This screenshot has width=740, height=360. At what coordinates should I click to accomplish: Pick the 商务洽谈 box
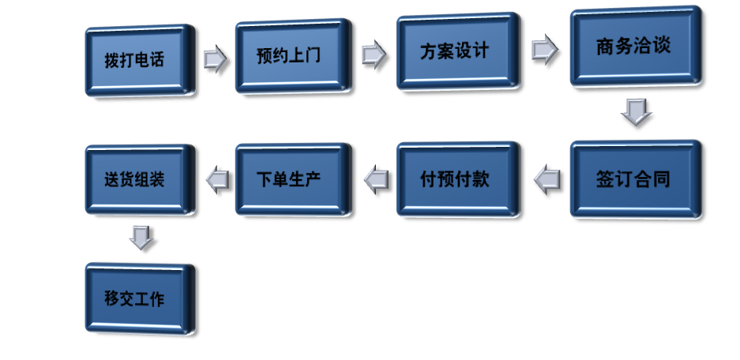(x=634, y=47)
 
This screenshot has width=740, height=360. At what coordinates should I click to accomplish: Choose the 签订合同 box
(x=634, y=178)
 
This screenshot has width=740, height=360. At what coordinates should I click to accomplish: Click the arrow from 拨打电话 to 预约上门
(x=215, y=59)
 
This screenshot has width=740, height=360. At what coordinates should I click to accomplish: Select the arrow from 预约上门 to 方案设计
(x=374, y=55)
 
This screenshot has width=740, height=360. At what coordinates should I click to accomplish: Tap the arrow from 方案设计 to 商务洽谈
(x=545, y=50)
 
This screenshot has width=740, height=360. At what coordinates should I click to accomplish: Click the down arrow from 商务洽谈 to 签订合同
(x=636, y=113)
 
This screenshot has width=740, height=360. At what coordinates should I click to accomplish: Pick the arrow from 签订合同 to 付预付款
(x=547, y=180)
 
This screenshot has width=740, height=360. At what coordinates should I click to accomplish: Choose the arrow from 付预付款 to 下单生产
(x=377, y=180)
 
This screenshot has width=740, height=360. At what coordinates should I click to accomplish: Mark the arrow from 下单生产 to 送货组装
(x=217, y=180)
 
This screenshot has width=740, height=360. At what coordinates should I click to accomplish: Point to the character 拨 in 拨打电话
(x=111, y=61)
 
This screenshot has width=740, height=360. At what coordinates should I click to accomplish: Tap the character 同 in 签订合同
(x=661, y=179)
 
